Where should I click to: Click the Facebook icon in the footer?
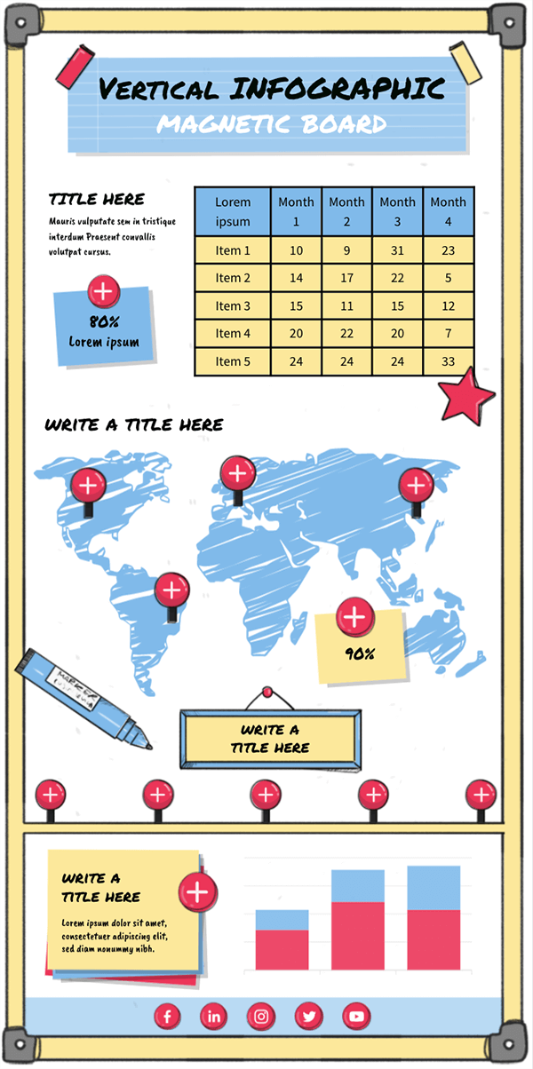click(167, 1016)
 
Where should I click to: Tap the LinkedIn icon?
click(213, 1016)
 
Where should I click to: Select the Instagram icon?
click(260, 1016)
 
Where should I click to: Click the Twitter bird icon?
click(308, 1016)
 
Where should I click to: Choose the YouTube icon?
click(355, 1016)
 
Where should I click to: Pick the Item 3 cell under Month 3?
click(397, 306)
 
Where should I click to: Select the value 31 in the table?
click(397, 251)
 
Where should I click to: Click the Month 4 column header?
click(448, 212)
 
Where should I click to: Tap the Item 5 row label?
click(233, 361)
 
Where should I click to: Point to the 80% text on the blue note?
click(104, 322)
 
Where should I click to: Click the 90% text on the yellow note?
click(359, 654)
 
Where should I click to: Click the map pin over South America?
click(171, 590)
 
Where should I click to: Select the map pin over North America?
click(88, 485)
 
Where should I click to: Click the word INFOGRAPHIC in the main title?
click(337, 89)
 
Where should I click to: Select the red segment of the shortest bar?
click(282, 949)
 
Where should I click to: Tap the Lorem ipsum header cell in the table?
click(233, 212)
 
